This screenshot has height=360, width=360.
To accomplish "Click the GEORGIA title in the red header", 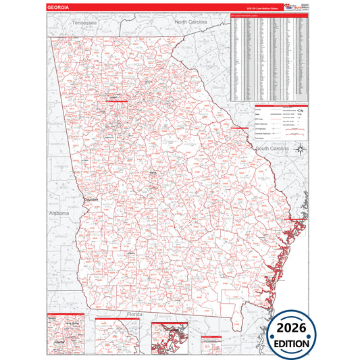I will (58, 7).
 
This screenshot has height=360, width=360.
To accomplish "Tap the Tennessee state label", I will (85, 23).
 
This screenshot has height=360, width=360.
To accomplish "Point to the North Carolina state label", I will (191, 22).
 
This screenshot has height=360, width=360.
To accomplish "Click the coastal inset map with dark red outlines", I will (172, 338).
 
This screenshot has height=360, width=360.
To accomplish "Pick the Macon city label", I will (153, 174).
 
